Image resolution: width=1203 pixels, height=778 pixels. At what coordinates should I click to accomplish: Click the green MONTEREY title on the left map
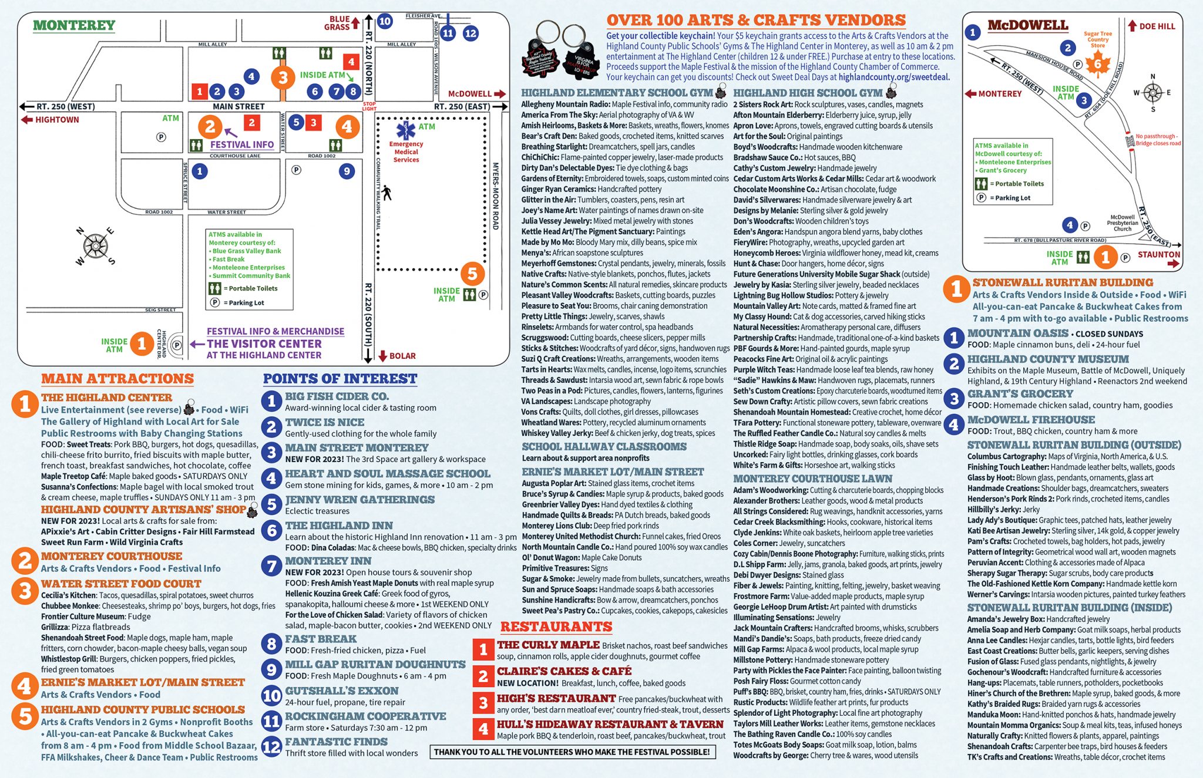coord(74,25)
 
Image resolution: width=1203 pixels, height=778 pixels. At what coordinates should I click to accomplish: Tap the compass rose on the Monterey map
coord(95,246)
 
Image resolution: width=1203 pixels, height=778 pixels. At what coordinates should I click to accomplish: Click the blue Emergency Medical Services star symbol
coord(405,130)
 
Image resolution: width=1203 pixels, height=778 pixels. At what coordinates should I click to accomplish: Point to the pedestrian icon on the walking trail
coord(386,193)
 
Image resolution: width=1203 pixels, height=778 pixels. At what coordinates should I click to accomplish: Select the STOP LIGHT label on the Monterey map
coord(369,106)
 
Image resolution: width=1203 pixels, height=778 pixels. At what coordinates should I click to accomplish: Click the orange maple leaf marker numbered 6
coord(1097,64)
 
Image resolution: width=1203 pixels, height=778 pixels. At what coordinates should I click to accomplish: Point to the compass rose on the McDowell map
coord(1152,93)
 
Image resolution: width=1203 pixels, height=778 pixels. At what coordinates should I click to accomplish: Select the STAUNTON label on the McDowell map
coord(1159,254)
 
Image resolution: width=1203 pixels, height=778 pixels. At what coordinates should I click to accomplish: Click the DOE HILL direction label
coord(1151,26)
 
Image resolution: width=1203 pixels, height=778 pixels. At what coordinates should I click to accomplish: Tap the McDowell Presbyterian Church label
coord(1123,223)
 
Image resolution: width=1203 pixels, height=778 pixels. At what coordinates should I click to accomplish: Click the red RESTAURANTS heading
coord(556,627)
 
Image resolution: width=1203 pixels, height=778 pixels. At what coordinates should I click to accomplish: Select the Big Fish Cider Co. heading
coord(337,396)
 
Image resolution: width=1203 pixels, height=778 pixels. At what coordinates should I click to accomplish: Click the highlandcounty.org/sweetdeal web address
coord(894,77)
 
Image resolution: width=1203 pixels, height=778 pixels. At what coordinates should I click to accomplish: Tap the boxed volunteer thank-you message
coord(572,752)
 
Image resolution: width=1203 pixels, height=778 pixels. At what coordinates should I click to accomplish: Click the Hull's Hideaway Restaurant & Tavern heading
coord(610,725)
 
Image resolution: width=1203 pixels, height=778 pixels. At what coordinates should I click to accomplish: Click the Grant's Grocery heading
coord(1020,394)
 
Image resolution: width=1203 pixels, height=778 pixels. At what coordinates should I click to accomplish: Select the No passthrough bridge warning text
coord(1158,140)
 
